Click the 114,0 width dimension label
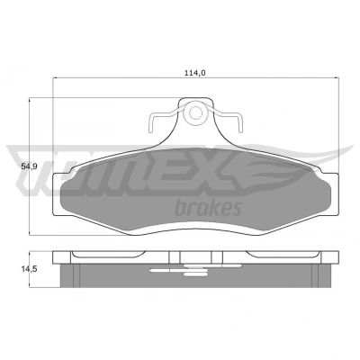tap(194, 73)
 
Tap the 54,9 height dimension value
tap(29, 166)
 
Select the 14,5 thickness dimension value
tap(29, 269)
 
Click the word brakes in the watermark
tap(208, 207)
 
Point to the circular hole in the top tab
tap(196, 112)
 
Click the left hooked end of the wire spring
tap(151, 123)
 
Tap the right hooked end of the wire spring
tap(239, 123)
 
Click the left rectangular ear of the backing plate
tap(57, 194)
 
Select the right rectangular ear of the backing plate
tap(335, 194)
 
